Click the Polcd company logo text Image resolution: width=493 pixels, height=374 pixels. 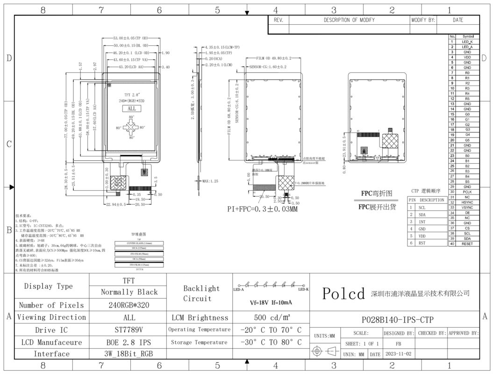pyautogui.click(x=343, y=294)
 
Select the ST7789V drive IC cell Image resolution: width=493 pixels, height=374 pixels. pyautogui.click(x=129, y=330)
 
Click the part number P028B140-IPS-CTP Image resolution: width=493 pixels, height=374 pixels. pyautogui.click(x=398, y=320)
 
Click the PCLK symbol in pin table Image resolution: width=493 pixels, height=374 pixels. pyautogui.click(x=467, y=192)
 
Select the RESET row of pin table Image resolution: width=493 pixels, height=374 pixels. pyautogui.click(x=467, y=244)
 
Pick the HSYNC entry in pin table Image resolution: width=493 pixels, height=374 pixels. pyautogui.click(x=467, y=202)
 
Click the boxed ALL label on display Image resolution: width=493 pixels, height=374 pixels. pyautogui.click(x=131, y=108)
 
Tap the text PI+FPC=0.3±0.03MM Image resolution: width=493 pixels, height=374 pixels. pyautogui.click(x=262, y=209)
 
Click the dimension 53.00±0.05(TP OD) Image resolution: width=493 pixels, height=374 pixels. pyautogui.click(x=130, y=37)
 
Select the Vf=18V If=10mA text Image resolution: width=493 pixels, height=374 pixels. pyautogui.click(x=271, y=302)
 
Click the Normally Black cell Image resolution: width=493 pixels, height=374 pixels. pyautogui.click(x=129, y=292)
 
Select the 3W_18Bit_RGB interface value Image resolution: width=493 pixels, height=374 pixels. pyautogui.click(x=129, y=353)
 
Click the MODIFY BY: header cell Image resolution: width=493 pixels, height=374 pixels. pyautogui.click(x=423, y=20)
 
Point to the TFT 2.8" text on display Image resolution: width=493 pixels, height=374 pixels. pyautogui.click(x=131, y=94)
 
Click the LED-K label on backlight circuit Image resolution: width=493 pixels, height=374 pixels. pyautogui.click(x=303, y=289)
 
